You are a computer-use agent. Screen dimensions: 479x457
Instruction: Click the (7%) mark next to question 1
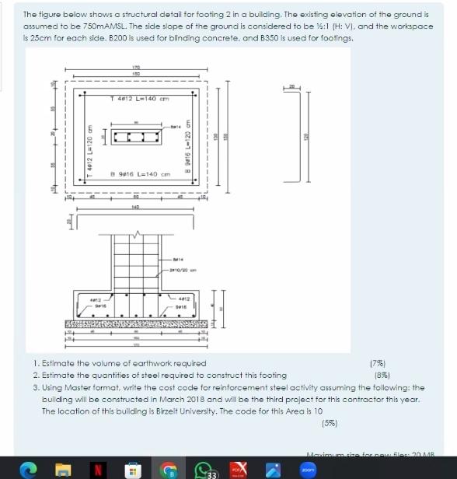382,362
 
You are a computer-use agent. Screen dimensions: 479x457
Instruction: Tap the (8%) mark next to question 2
382,374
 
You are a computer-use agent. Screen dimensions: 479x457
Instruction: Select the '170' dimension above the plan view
136,69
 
